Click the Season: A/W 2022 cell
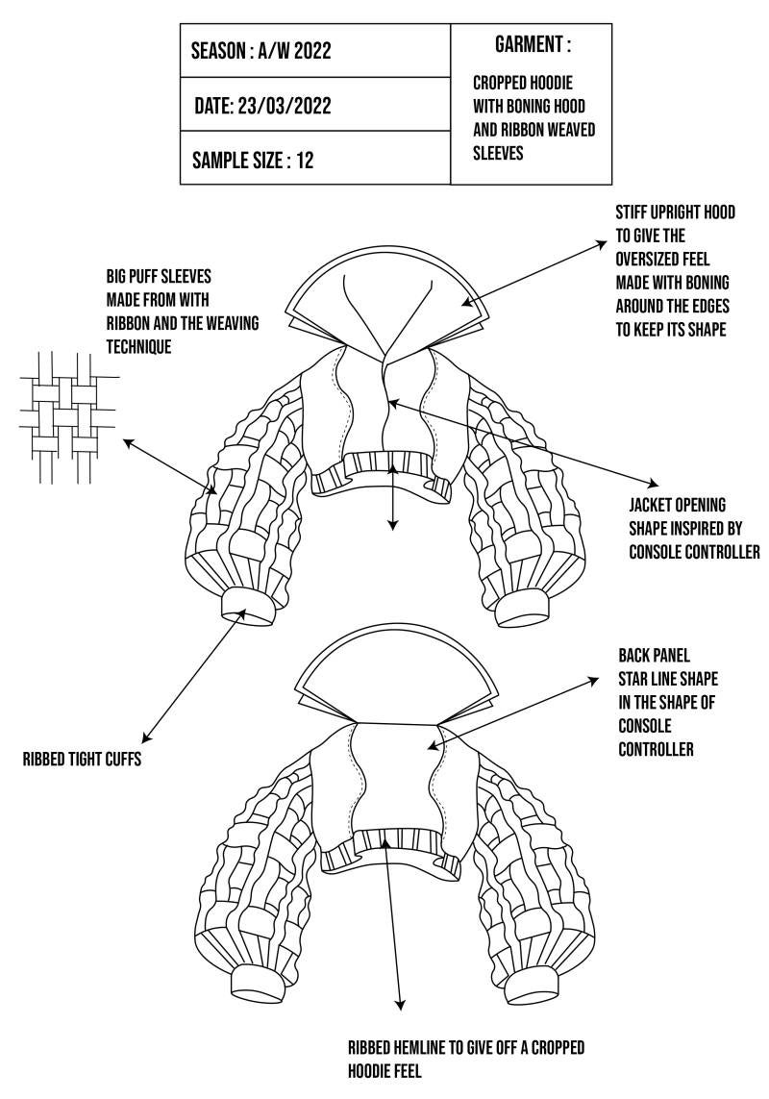260,51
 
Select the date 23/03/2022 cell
261,106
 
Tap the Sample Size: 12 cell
253,160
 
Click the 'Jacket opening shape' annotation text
693,528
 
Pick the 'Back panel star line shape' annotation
667,701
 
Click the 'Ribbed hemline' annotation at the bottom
466,1057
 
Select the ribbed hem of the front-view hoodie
384,466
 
